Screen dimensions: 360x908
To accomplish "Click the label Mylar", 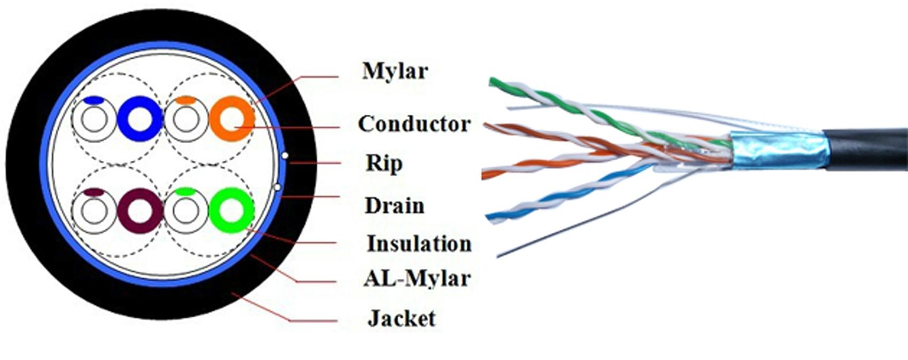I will click(395, 71).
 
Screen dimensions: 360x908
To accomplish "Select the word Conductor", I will click(414, 124).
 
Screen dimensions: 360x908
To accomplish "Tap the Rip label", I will click(383, 163).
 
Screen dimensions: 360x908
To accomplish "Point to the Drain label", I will click(394, 206).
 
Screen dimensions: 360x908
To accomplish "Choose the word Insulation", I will click(419, 244).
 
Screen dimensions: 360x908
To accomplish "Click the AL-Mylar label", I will click(417, 278).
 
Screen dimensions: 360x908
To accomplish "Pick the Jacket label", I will click(401, 319).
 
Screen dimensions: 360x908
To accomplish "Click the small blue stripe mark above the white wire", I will click(93, 100).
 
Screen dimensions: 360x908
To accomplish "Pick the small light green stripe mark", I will click(185, 191).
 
